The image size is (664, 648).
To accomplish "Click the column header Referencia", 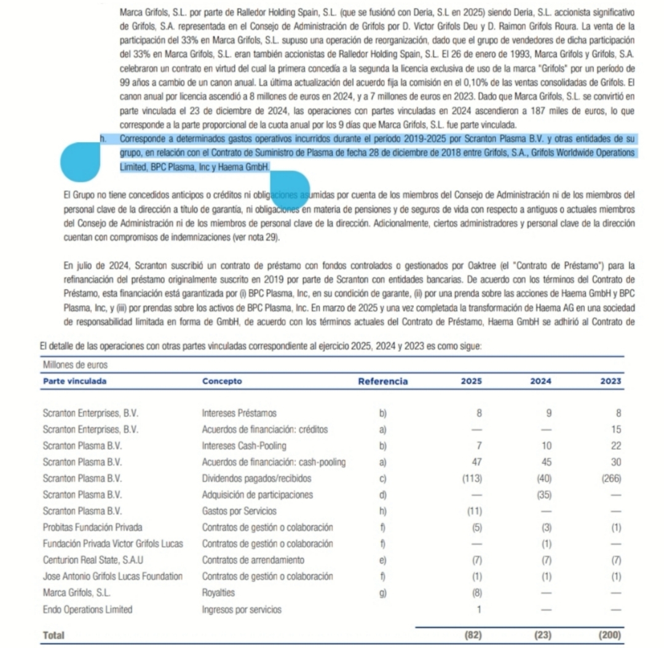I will click(382, 381).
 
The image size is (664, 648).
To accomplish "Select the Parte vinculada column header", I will click(74, 381).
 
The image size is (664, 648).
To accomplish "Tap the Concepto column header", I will click(222, 381).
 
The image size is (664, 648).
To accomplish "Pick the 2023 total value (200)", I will click(609, 634).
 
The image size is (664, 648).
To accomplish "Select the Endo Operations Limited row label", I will click(87, 610).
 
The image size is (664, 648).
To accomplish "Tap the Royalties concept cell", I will click(218, 593).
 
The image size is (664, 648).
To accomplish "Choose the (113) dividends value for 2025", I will click(472, 478).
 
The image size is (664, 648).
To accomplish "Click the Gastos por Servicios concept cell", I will click(239, 511).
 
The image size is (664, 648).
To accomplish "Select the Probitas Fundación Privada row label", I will click(93, 527).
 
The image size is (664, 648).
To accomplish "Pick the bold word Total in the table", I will click(53, 634).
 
